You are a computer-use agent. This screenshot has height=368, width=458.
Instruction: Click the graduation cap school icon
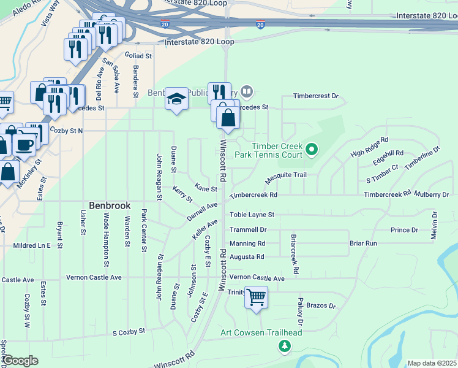click(176, 99)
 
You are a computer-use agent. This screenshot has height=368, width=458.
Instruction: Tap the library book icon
click(247, 92)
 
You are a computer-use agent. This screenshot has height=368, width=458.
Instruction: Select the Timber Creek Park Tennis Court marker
click(312, 149)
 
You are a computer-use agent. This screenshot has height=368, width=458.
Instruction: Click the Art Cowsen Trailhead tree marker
click(285, 347)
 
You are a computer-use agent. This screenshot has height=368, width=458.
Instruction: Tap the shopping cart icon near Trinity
click(257, 297)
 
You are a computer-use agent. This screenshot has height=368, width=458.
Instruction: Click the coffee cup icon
click(24, 145)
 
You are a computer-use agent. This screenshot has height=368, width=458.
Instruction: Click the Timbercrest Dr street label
click(315, 96)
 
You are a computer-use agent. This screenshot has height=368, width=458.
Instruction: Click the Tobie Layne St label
click(252, 215)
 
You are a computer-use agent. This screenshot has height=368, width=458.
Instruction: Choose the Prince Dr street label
click(404, 230)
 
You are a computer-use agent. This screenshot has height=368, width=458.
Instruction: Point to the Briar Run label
click(363, 243)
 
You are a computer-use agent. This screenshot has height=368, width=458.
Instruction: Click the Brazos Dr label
click(321, 305)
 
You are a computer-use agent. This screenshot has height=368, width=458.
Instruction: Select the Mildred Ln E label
click(32, 245)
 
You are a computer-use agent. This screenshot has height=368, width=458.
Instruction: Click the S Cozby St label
click(129, 331)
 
